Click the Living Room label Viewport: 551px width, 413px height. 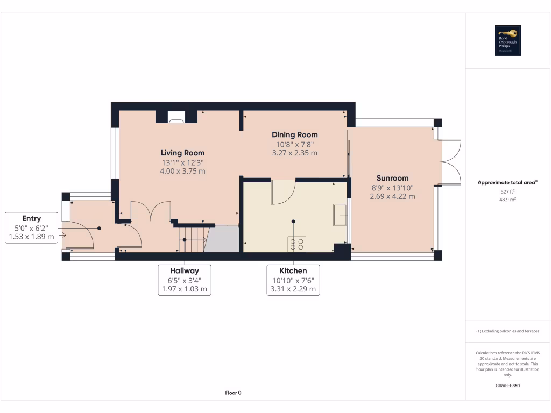pos(182,153)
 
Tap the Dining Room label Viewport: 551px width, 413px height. pos(294,134)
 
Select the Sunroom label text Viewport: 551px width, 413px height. pos(392,178)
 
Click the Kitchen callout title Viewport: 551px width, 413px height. pos(293,270)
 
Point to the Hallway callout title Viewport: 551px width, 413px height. pos(185,270)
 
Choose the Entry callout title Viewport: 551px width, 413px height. pos(31,218)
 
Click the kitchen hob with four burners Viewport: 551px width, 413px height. pos(296,244)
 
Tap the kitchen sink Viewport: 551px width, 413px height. pos(340,215)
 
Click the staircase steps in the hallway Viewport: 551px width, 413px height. pos(192,238)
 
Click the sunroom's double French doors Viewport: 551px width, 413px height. pos(451,161)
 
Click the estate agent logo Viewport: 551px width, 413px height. pos(507,40)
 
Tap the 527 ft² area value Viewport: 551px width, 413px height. pos(507,191)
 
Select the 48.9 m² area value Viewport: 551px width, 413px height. pos(507,199)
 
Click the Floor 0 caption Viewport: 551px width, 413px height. pos(233,393)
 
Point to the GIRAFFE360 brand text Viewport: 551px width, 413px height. pos(507,386)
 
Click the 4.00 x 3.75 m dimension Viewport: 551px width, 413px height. pos(182,171)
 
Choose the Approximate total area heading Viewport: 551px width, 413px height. pos(506,183)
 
